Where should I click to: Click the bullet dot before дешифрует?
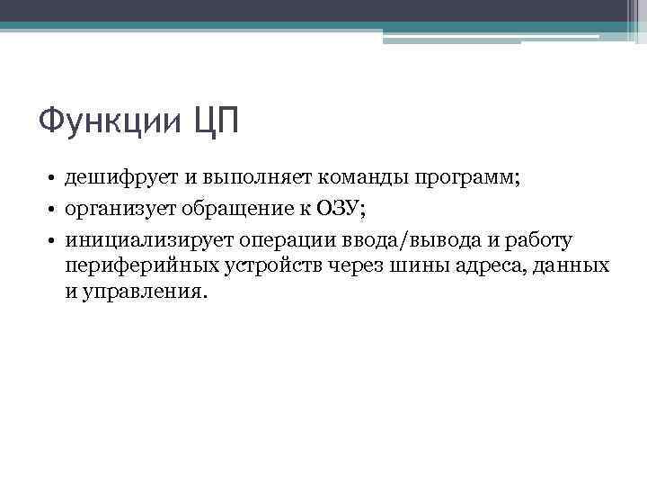point(54,177)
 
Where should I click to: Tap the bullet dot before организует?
point(54,210)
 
